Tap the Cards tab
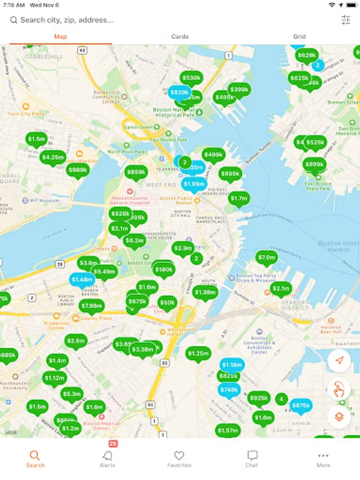(180, 37)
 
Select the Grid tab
(299, 37)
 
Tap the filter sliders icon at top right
(346, 20)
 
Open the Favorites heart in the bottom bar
(179, 458)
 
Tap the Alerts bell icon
(108, 457)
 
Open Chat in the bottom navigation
(252, 458)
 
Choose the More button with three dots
(323, 458)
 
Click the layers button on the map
(339, 417)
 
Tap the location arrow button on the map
(339, 361)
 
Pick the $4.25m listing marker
(53, 157)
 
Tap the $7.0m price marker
(266, 258)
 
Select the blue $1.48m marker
(82, 279)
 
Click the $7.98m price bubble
(91, 306)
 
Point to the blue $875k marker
(301, 405)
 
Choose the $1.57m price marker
(228, 430)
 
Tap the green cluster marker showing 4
(281, 398)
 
